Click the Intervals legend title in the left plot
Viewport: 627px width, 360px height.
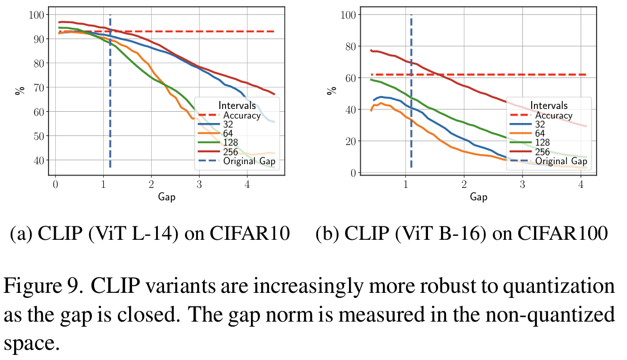(x=237, y=106)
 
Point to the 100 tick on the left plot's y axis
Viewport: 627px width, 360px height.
(x=35, y=14)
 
